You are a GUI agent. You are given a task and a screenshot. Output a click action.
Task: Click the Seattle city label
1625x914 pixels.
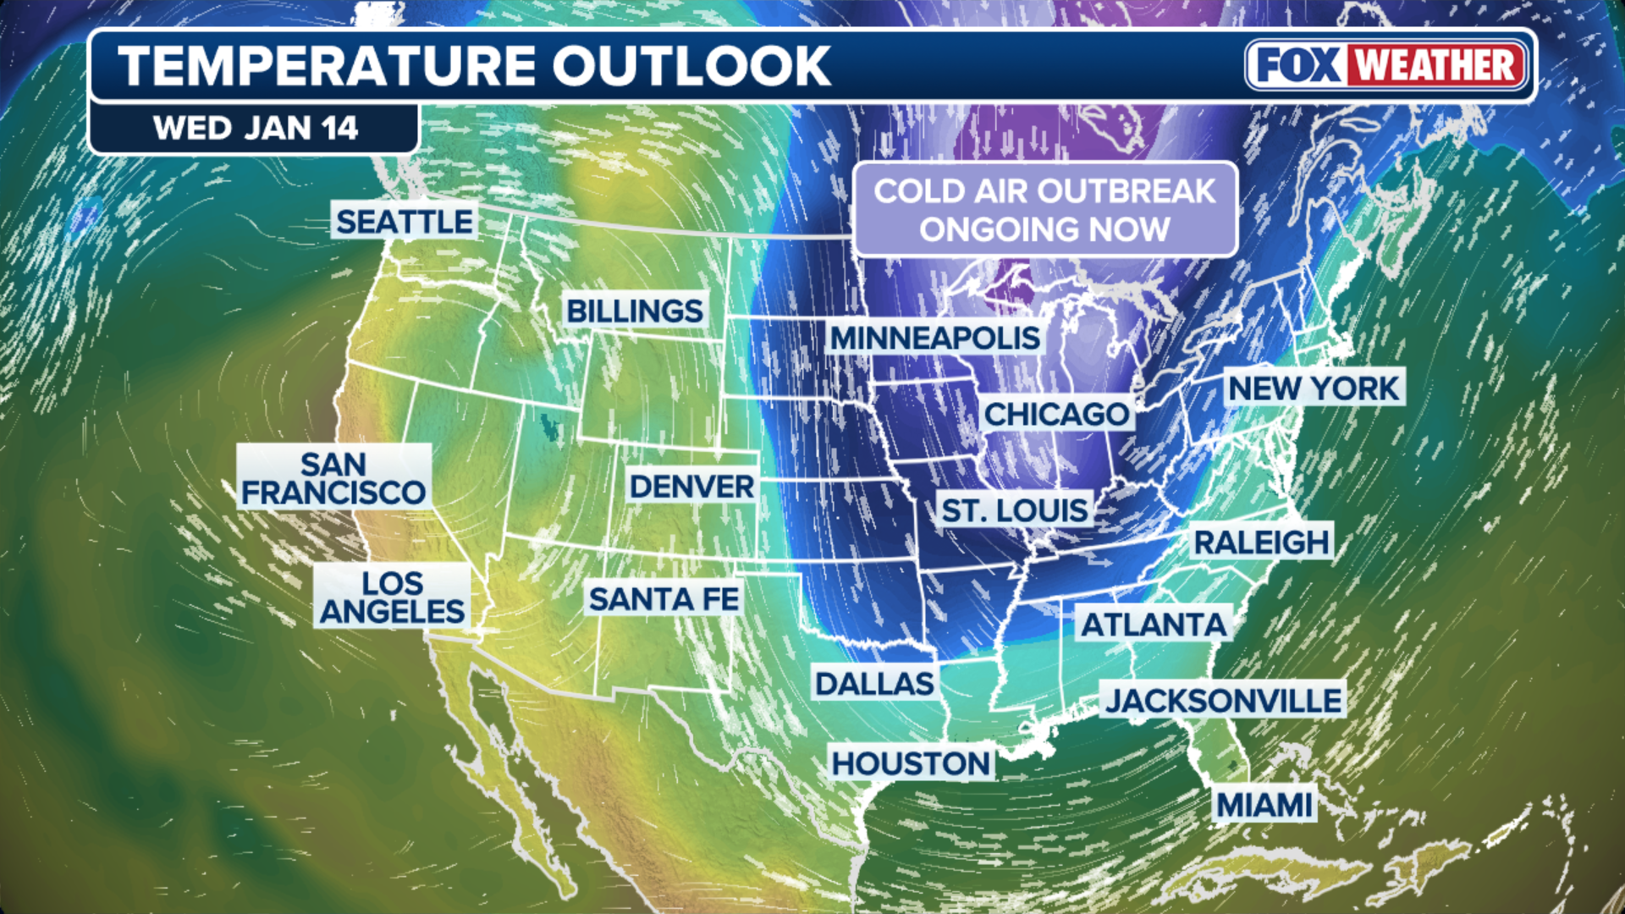[405, 222]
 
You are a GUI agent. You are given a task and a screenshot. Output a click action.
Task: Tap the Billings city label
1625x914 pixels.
[634, 311]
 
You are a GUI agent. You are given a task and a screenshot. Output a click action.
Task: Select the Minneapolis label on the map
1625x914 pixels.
[934, 338]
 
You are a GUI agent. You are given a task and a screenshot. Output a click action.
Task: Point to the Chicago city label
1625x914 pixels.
[1056, 414]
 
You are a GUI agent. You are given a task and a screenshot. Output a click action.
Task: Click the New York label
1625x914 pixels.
[1314, 388]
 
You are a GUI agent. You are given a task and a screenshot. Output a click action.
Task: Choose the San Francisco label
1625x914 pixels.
[333, 478]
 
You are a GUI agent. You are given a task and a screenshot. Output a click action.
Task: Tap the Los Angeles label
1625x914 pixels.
[392, 597]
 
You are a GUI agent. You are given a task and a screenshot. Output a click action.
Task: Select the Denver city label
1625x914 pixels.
[691, 487]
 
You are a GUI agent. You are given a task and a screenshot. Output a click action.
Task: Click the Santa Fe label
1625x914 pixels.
[664, 599]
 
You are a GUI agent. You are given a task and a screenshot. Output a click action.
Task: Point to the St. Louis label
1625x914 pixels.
[1015, 510]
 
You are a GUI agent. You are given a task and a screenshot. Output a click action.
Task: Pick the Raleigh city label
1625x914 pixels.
[1261, 542]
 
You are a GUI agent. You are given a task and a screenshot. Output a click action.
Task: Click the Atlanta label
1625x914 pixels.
[1154, 625]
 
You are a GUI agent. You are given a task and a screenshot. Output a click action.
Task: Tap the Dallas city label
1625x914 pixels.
[874, 683]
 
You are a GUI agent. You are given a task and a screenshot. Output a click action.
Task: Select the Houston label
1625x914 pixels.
[911, 763]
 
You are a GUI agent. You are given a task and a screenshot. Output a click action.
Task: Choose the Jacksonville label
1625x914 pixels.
[1223, 700]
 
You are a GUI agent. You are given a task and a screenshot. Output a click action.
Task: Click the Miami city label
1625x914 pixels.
[1264, 804]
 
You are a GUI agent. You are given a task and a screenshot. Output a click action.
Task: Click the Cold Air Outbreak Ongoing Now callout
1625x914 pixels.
[1044, 209]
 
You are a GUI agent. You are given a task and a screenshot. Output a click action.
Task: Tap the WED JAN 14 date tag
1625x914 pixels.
[255, 129]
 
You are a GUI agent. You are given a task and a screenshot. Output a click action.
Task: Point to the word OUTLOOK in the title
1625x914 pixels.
[691, 66]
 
